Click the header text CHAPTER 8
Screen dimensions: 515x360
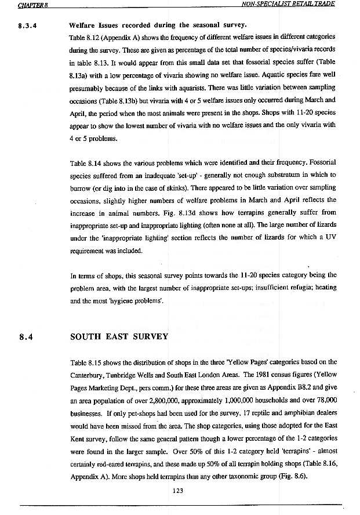32,5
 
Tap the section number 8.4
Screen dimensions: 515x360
26,336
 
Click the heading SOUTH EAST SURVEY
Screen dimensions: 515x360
119,336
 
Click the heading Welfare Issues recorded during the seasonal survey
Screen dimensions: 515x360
158,26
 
